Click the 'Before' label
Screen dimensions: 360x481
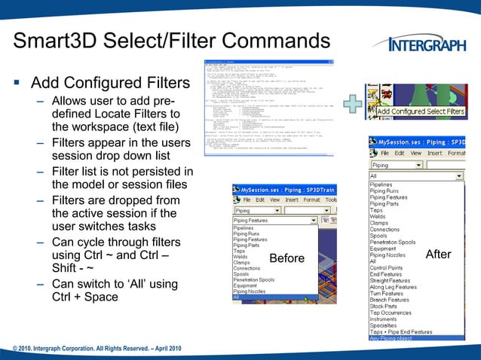287,258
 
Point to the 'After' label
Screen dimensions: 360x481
438,255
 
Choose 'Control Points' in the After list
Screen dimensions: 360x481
386,268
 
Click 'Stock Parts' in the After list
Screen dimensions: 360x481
384,306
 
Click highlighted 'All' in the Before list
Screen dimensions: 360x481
237,297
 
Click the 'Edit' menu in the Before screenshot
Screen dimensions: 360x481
260,200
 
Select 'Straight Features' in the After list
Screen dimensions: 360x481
393,281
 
